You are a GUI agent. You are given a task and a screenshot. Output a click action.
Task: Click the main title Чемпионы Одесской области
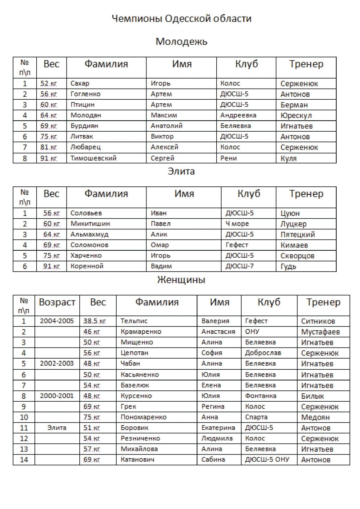[181, 19]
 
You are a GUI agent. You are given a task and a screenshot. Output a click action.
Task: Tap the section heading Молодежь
[181, 41]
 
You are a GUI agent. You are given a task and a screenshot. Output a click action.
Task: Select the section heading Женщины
[181, 280]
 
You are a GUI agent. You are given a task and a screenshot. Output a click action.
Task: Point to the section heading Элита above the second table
[181, 171]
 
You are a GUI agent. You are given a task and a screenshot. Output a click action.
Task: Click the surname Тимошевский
[93, 158]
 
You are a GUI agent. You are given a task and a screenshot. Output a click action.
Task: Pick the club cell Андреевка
[238, 115]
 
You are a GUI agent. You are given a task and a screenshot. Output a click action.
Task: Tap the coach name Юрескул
[296, 116]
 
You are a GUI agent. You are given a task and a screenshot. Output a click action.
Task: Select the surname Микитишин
[90, 224]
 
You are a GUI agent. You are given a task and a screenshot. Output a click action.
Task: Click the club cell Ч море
[237, 224]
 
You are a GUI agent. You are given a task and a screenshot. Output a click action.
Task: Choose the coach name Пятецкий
[298, 234]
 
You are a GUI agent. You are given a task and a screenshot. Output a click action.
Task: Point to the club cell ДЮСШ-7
[239, 266]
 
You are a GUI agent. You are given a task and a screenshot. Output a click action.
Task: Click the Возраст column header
[57, 302]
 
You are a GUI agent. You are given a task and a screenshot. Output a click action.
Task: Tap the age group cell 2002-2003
[57, 363]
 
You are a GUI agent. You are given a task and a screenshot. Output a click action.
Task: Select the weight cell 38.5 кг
[94, 321]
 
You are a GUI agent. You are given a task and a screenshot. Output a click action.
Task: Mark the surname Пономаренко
[143, 417]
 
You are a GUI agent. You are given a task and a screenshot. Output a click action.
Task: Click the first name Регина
[213, 406]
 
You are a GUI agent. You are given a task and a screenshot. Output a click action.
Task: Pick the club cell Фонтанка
[261, 396]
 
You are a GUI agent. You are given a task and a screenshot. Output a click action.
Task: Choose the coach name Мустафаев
[320, 332]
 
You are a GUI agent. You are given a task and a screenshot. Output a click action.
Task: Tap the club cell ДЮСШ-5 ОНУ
[267, 459]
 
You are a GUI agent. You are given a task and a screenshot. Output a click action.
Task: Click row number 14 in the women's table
[24, 459]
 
